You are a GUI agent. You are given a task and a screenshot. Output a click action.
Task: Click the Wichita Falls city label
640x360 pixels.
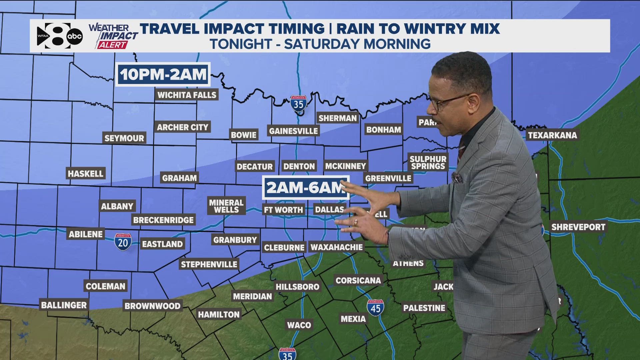pyautogui.click(x=187, y=95)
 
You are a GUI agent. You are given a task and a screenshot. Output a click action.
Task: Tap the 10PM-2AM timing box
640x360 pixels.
pyautogui.click(x=163, y=74)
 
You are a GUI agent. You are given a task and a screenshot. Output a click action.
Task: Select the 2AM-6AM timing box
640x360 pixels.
pyautogui.click(x=305, y=188)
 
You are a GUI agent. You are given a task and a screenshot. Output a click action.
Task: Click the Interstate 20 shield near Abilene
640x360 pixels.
pyautogui.click(x=123, y=242)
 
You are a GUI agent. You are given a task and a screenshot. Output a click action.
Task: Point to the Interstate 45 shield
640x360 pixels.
pyautogui.click(x=375, y=308)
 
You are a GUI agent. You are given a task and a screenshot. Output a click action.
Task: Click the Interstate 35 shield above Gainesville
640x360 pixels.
pyautogui.click(x=298, y=104)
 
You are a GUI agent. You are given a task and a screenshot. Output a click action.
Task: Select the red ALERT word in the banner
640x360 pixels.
pyautogui.click(x=112, y=45)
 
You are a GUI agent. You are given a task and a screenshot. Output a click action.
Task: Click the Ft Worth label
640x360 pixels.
pyautogui.click(x=283, y=210)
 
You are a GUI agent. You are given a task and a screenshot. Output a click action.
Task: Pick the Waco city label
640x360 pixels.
pyautogui.click(x=299, y=325)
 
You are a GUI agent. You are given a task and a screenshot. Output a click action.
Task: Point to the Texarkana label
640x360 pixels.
pyautogui.click(x=552, y=135)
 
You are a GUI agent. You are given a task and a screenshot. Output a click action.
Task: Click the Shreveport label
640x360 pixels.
pyautogui.click(x=578, y=227)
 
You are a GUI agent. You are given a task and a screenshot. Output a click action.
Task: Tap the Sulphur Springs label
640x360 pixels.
pyautogui.click(x=428, y=163)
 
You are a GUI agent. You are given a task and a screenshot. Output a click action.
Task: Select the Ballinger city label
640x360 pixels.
pyautogui.click(x=64, y=305)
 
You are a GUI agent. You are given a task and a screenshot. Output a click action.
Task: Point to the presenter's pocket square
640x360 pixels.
pyautogui.click(x=457, y=177)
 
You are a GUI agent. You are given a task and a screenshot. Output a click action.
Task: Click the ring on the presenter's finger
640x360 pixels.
pyautogui.click(x=356, y=222)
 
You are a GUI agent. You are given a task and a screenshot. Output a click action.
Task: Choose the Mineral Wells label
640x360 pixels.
pyautogui.click(x=226, y=206)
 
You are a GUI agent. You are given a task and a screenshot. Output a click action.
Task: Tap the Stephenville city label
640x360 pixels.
pyautogui.click(x=209, y=265)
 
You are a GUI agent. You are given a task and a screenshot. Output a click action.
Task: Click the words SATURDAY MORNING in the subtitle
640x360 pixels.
pyautogui.click(x=357, y=44)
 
